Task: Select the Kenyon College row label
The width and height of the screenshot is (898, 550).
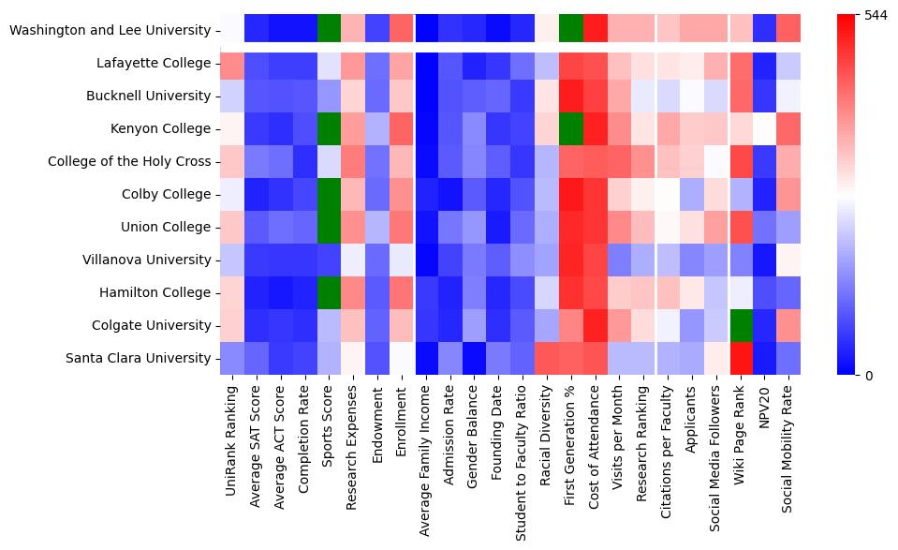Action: (x=156, y=128)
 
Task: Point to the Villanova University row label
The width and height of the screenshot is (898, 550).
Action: (x=142, y=260)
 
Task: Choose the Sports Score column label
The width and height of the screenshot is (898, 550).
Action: (x=330, y=421)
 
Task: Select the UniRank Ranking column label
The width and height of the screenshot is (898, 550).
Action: (x=231, y=432)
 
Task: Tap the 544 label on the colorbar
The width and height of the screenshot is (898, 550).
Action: (x=875, y=16)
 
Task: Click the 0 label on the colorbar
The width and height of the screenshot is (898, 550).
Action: (x=868, y=376)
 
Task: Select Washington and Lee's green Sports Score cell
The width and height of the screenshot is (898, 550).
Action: (x=330, y=30)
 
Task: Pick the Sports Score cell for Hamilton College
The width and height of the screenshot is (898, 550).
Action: (x=330, y=292)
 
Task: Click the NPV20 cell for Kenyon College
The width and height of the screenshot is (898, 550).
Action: (x=765, y=128)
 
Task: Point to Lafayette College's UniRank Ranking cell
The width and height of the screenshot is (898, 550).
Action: (x=231, y=63)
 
